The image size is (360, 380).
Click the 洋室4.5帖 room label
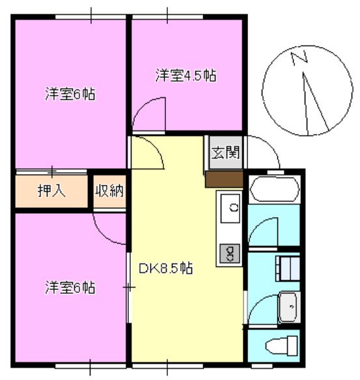[x=186, y=75]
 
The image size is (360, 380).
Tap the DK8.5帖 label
[x=166, y=267]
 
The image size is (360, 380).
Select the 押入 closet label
[x=50, y=191]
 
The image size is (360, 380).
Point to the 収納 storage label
[x=110, y=191]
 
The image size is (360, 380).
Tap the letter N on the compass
[x=299, y=59]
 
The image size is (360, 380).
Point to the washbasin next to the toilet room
[x=288, y=306]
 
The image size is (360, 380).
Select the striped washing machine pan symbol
[x=287, y=267]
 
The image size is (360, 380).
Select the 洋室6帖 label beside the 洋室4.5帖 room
[x=70, y=95]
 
